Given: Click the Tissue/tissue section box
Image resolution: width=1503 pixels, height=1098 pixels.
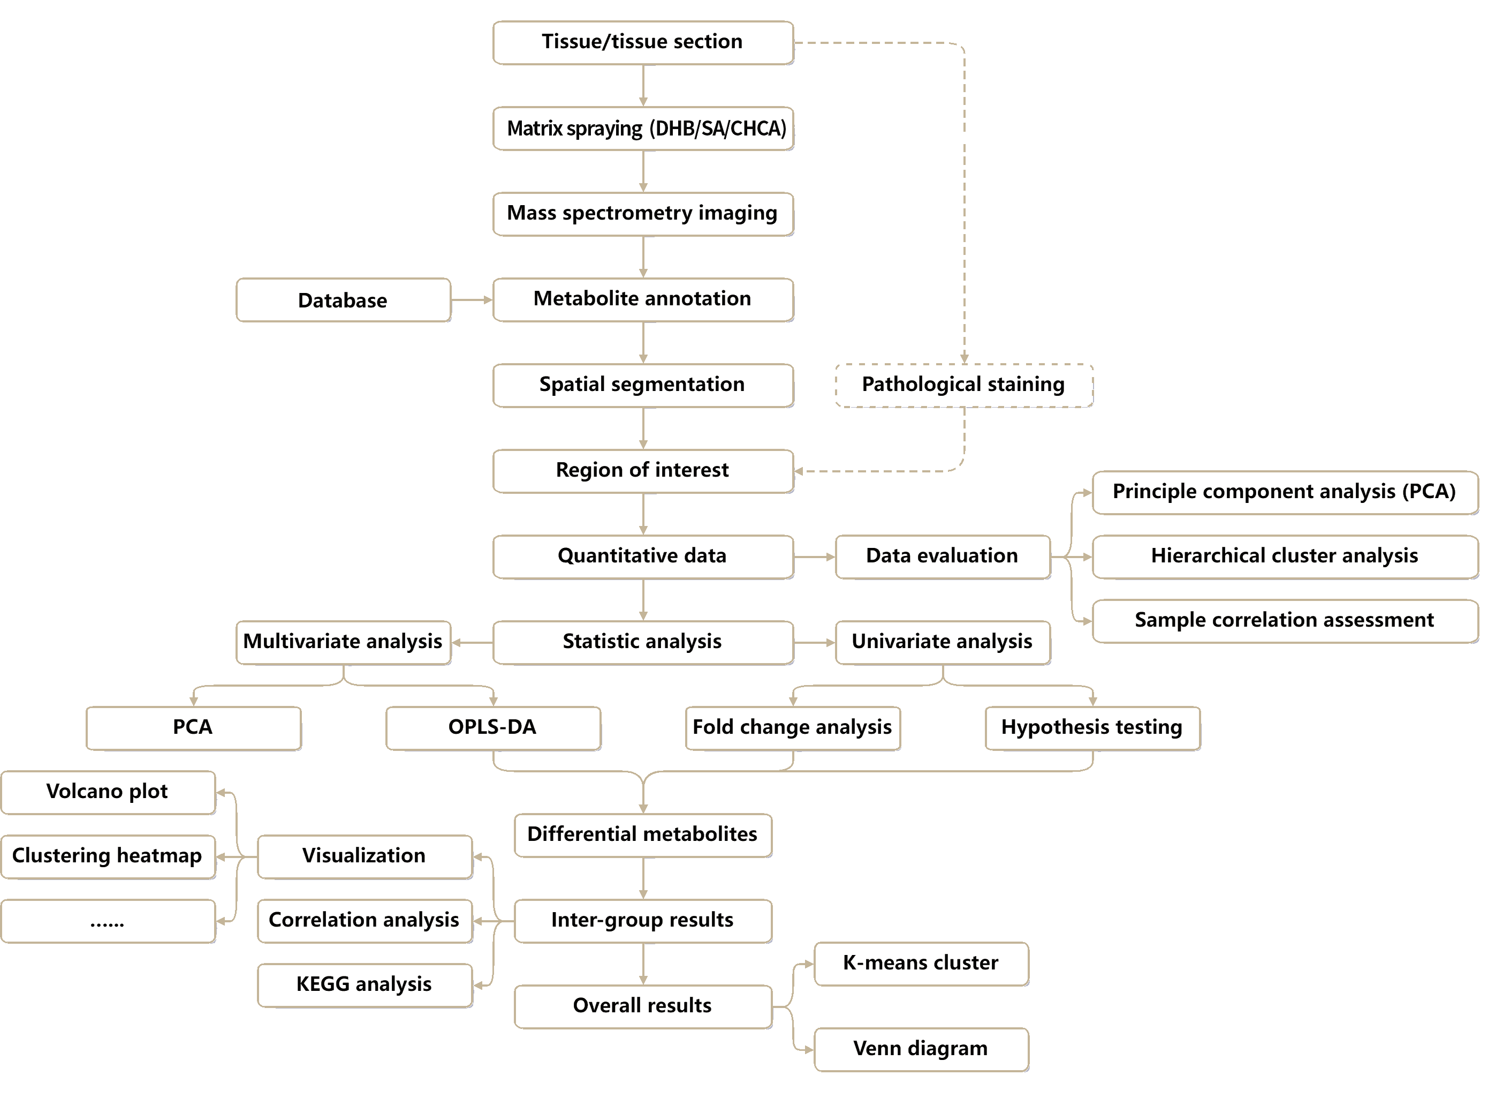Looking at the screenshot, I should click(x=642, y=42).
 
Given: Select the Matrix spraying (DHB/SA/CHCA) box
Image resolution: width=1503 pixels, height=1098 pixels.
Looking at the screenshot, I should click(x=642, y=128).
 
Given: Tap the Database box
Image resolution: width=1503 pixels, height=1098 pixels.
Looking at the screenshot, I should click(x=343, y=300).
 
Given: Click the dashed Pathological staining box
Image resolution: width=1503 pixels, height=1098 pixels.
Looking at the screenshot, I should click(x=963, y=385).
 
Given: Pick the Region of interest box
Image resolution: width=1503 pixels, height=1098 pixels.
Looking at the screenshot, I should click(x=642, y=471).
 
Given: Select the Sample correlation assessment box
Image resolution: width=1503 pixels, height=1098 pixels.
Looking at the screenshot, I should click(x=1284, y=621).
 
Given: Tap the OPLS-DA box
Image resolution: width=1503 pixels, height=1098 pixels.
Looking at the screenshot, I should click(x=492, y=728).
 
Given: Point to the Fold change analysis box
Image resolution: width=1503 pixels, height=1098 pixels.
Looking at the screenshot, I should click(x=792, y=728).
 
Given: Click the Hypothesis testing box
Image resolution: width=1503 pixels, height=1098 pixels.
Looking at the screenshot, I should click(x=1092, y=728).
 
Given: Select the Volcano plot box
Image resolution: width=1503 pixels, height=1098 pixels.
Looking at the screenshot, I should click(x=108, y=792).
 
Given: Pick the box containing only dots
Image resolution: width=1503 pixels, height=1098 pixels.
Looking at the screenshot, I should click(x=108, y=921).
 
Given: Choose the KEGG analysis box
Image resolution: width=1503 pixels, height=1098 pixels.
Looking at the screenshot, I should click(x=364, y=985).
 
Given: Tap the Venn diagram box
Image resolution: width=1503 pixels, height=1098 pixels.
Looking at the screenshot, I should click(x=921, y=1049).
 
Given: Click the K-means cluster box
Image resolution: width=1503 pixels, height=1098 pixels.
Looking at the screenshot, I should click(x=921, y=964).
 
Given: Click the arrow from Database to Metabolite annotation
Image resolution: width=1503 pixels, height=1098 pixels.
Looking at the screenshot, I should click(x=471, y=300).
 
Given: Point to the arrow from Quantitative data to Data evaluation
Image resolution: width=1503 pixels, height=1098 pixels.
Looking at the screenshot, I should click(x=814, y=557).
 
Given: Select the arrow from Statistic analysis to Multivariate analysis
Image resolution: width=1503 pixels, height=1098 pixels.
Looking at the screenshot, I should click(x=472, y=643).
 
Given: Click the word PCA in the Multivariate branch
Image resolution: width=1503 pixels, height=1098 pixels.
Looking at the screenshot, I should click(x=193, y=728).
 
